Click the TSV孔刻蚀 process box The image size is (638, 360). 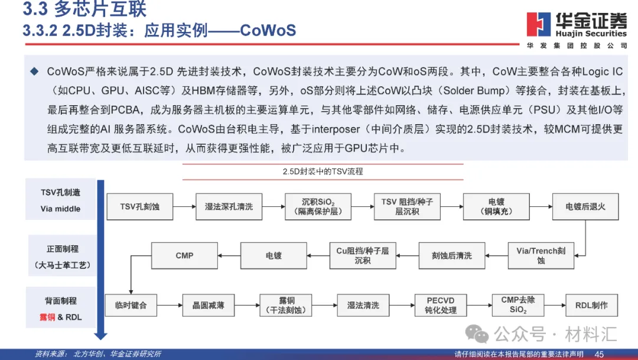pos(140,206)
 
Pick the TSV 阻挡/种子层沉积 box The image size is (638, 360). pos(406,206)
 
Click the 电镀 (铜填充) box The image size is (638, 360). pos(496,206)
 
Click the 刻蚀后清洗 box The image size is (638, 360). pos(452,255)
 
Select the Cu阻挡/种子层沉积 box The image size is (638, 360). pos(363,255)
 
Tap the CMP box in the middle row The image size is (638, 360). pos(184,255)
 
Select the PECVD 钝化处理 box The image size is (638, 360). pos(441,305)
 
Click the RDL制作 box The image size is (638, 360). pos(591,305)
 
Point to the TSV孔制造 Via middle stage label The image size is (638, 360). pos(61,200)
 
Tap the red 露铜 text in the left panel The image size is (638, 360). pos(48,317)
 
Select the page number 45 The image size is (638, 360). pos(598,354)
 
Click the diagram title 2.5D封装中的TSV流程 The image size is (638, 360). pos(323,171)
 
